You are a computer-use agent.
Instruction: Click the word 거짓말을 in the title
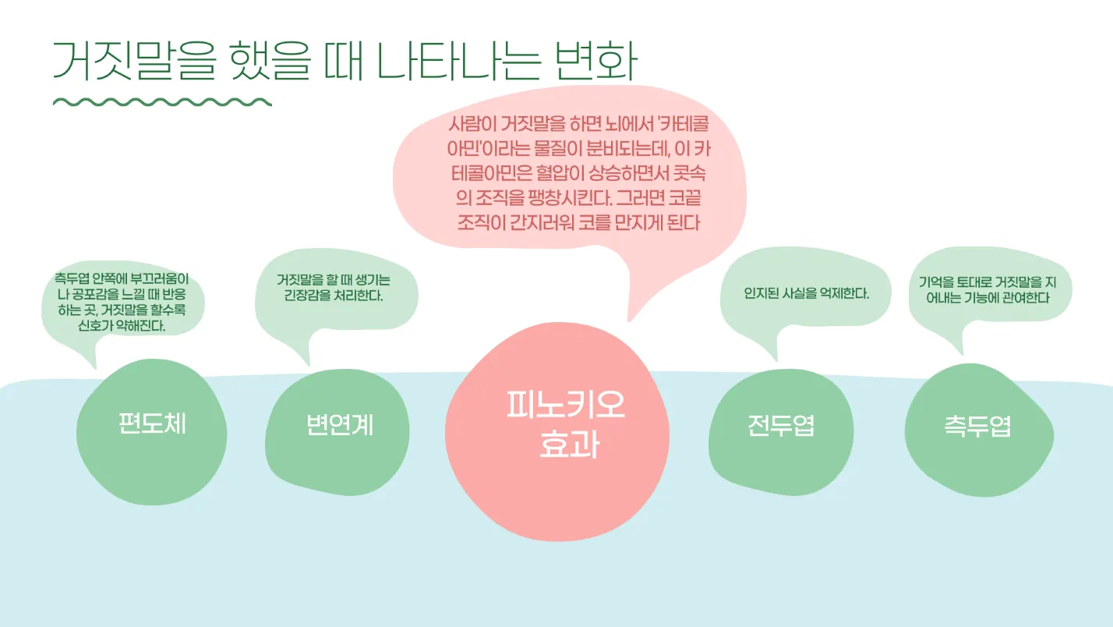[132, 61]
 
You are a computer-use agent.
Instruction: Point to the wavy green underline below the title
[162, 102]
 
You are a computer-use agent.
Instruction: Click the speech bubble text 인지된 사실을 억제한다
[806, 294]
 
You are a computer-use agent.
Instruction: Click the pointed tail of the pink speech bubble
[632, 315]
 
